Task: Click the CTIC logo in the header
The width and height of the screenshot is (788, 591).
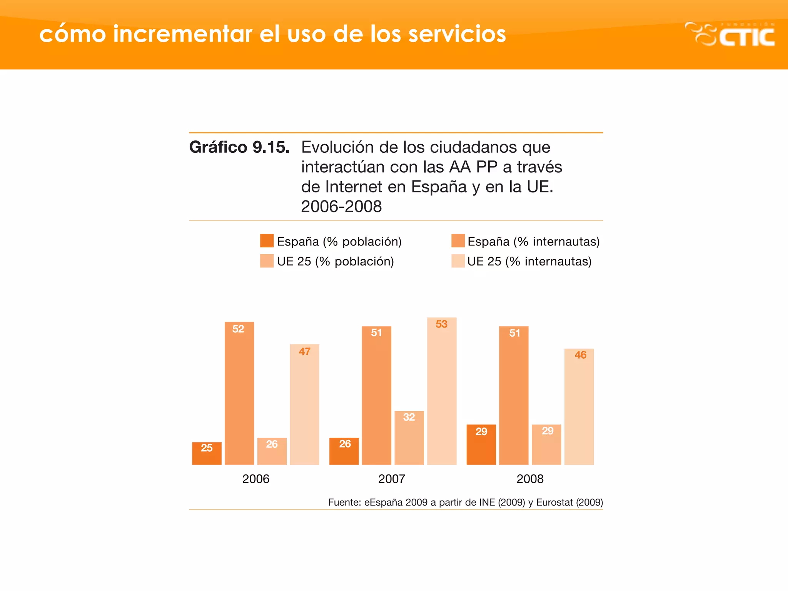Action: [730, 35]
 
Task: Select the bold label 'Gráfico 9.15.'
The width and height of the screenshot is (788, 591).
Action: [239, 147]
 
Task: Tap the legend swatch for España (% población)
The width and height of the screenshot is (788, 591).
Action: [267, 241]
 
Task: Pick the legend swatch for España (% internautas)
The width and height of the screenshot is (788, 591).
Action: [458, 241]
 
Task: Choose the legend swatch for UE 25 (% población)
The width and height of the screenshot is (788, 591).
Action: [267, 261]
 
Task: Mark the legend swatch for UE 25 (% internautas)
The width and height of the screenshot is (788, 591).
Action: [458, 261]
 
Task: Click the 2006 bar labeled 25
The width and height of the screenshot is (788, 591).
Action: [207, 454]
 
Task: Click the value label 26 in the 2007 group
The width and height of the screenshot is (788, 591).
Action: [345, 444]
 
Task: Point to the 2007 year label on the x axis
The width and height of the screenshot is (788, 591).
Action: [392, 479]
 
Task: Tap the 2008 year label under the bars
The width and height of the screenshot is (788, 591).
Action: [530, 479]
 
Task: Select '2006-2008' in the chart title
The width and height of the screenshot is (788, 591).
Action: [341, 207]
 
